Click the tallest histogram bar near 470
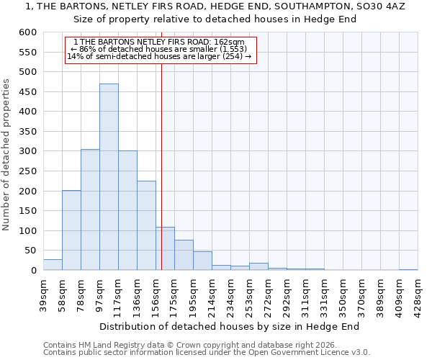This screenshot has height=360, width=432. point(109,176)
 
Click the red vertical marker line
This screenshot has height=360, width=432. point(161,166)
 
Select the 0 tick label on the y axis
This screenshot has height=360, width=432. point(33,271)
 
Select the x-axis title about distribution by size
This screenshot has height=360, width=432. point(229,326)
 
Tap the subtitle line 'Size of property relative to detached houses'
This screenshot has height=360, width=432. point(216,19)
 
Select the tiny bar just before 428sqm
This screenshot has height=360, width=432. point(408,269)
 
